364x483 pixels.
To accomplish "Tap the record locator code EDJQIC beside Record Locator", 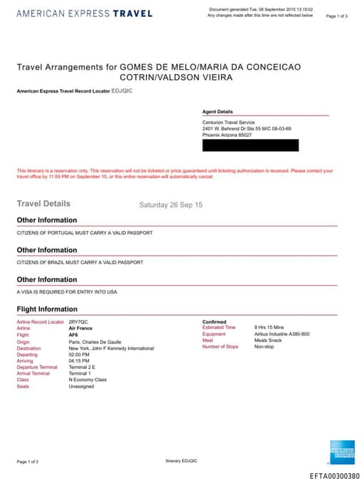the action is point(122,91).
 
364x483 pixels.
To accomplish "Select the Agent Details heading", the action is point(218,112).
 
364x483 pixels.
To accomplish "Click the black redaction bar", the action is point(250,145).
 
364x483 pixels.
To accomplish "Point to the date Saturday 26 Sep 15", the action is point(171,204).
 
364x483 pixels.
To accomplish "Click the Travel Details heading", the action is point(43,204).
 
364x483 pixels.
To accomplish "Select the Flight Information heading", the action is point(47,309).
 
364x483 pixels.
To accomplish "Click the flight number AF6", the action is point(73,334).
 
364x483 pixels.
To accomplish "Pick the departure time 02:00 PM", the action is point(79,354).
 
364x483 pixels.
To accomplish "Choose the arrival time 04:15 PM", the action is point(79,360).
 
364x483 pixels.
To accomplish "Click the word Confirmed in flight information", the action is point(214,322).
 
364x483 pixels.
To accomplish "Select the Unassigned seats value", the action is point(81,386).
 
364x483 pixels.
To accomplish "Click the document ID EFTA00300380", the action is point(334,476).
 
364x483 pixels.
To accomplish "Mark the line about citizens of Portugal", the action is point(85,233).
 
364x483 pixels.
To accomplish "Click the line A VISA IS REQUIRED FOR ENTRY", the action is point(67,292).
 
